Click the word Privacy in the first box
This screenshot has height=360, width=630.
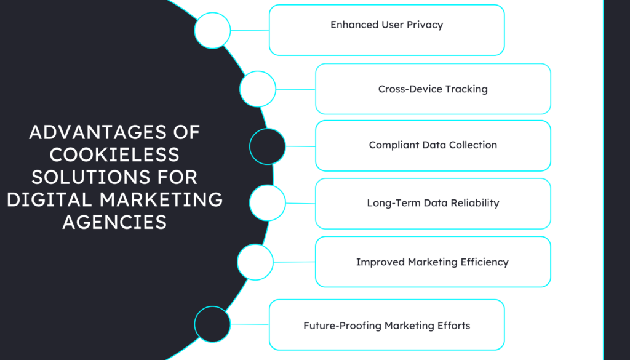(x=425, y=25)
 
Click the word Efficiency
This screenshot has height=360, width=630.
(x=485, y=262)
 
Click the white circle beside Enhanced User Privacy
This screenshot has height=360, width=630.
(x=212, y=30)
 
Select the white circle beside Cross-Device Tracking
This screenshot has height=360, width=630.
(x=257, y=89)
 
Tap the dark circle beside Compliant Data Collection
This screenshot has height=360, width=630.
(x=268, y=146)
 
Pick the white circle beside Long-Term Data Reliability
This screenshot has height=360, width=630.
(x=268, y=203)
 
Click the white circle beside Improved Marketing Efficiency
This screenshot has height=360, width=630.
(x=255, y=262)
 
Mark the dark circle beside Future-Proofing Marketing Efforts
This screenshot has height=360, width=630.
(x=212, y=324)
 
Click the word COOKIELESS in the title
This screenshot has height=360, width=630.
(x=105, y=154)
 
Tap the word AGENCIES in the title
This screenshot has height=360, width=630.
(x=114, y=222)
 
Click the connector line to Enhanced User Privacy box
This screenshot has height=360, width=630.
(x=250, y=30)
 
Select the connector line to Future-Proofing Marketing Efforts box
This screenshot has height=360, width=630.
(x=250, y=324)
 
